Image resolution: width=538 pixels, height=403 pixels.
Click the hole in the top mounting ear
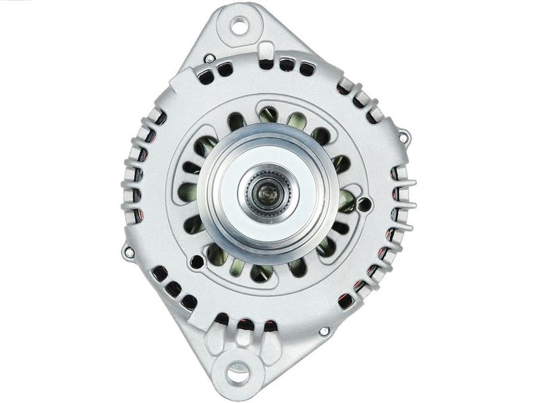coord(239,26)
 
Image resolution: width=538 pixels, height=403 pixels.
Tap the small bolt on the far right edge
coord(403,137)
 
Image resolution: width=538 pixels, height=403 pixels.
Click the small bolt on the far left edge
coord(128,253)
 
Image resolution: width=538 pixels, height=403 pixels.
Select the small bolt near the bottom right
coord(324,331)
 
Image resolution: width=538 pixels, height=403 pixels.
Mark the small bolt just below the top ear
coord(210,59)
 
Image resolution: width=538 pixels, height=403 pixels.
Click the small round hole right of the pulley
coord(364,204)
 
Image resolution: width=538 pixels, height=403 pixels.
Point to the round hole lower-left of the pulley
coord(196,261)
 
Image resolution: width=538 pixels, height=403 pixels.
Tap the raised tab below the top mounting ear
coord(266,51)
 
